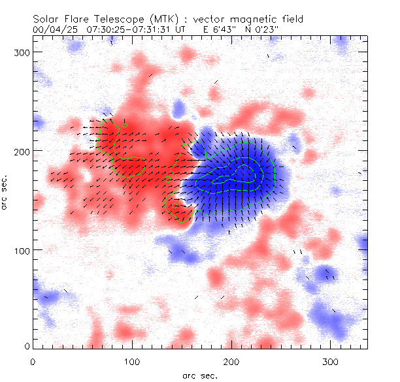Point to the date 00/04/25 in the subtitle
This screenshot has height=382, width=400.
52,30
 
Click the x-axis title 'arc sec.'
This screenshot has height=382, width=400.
199,375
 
